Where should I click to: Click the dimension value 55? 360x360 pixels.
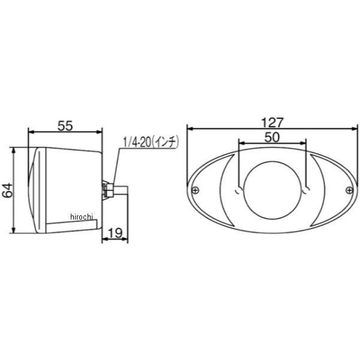click(x=65, y=125)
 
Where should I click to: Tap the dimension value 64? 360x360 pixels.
click(x=8, y=190)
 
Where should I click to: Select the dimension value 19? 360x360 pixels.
click(x=115, y=233)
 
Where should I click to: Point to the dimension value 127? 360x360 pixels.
click(x=272, y=123)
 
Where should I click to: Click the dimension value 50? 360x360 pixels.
click(x=272, y=137)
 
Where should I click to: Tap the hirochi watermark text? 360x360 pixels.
click(x=82, y=217)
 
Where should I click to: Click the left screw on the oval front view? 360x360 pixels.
click(x=195, y=190)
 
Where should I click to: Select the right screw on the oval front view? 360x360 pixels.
click(x=349, y=190)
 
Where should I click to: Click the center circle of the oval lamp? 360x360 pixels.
click(x=272, y=190)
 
